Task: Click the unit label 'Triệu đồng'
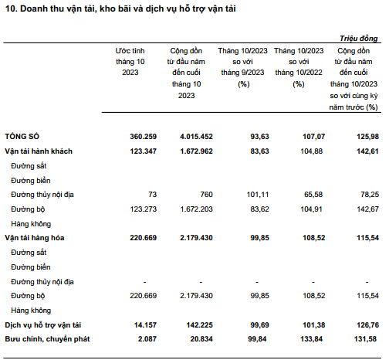coord(359,39)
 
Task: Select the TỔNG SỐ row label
coord(22,136)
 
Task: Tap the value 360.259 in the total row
coord(143,136)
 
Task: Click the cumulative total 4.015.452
coord(196,136)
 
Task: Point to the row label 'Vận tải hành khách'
coord(39,151)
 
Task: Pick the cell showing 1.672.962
coord(196,151)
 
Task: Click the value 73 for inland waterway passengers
coord(152,194)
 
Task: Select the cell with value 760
coord(207,194)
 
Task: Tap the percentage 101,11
coord(258,194)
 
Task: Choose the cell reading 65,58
coord(313,194)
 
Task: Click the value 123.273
coord(143,209)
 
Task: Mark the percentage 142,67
coord(368,209)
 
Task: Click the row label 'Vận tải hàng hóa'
coord(35,238)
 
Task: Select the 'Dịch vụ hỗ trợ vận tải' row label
coord(43,325)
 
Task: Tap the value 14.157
coord(145,325)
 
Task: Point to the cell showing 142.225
coord(199,325)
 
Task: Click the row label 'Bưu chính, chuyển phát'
coord(47,339)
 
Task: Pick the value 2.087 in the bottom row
coord(147,339)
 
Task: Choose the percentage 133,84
coord(311,339)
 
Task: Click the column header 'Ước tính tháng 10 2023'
coord(130,62)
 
